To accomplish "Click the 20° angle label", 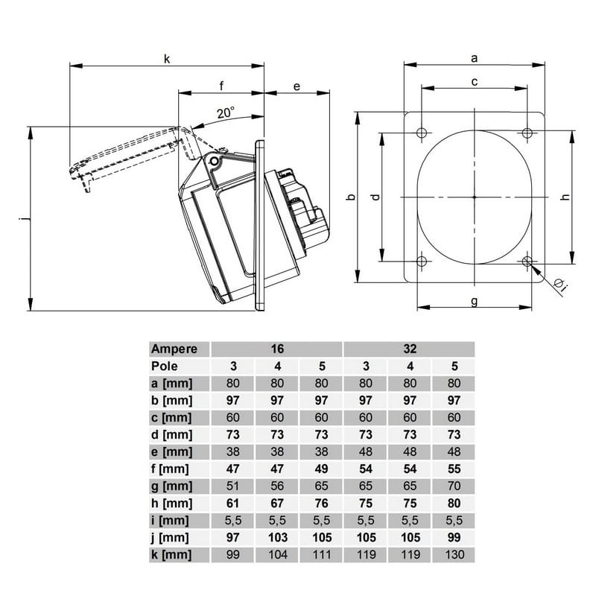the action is [226, 112].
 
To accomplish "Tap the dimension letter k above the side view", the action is [167, 59].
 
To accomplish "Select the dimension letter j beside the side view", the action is [24, 218].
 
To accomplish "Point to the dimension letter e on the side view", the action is [297, 86].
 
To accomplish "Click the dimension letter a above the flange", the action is [474, 59].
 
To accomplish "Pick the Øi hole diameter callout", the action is [561, 285].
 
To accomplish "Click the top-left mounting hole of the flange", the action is [422, 133].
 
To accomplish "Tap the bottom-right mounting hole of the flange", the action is [527, 261].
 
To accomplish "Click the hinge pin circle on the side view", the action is [215, 162].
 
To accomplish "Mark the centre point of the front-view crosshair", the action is [475, 197].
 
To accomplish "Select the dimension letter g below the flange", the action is [474, 302].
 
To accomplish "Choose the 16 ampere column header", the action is [277, 349].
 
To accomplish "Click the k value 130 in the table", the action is [454, 555].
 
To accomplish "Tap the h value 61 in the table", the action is [232, 504].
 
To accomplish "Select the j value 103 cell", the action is [277, 537].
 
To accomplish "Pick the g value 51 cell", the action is [232, 486].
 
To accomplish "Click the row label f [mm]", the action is [170, 469].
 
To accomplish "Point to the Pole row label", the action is [165, 366].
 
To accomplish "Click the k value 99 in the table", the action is [232, 555].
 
